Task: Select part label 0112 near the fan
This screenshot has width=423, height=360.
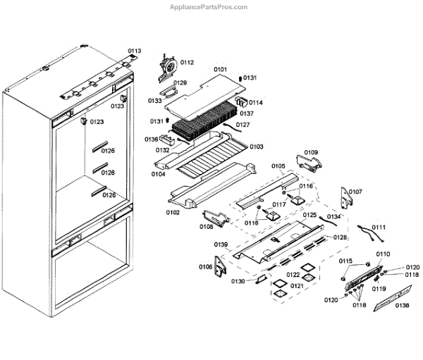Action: click(187, 63)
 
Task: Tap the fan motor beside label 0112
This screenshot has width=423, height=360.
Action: click(166, 63)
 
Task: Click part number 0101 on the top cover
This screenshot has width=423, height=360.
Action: click(220, 70)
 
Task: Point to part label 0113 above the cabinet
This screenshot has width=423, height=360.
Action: click(134, 51)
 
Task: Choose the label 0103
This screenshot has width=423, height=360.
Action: click(256, 147)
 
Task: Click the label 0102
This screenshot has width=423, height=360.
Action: click(173, 211)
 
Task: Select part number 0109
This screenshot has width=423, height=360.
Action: click(311, 152)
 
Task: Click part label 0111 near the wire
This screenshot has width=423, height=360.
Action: click(379, 228)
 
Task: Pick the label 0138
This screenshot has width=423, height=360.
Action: click(402, 305)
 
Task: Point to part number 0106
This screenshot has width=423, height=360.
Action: click(205, 266)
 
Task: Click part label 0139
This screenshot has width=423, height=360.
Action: click(221, 244)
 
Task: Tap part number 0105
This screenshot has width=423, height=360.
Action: click(278, 167)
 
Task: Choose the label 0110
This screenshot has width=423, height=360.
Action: click(383, 254)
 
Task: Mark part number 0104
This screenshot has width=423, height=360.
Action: click(158, 173)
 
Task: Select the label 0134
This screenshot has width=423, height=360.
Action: click(333, 216)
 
